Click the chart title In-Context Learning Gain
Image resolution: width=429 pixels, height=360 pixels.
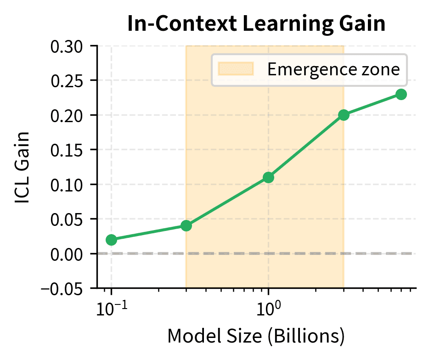click(x=256, y=24)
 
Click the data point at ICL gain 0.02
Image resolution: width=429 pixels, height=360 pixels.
click(x=111, y=240)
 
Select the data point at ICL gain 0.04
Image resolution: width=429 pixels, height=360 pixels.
click(x=186, y=225)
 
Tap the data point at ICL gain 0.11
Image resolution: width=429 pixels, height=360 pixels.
click(x=269, y=177)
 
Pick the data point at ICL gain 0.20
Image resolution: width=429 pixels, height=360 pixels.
click(x=344, y=115)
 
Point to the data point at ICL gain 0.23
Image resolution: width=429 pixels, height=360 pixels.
click(x=401, y=94)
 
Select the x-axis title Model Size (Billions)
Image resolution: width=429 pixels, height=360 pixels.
click(x=256, y=336)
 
